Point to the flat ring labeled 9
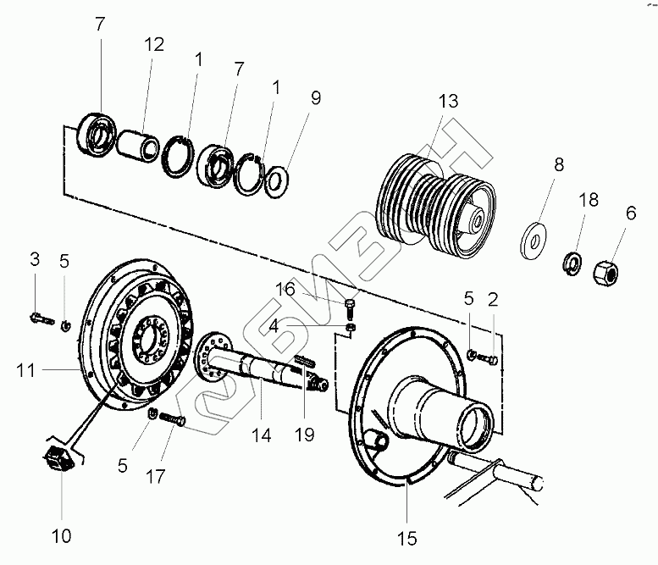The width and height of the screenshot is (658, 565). tap(277, 182)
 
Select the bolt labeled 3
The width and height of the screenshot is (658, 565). tap(39, 318)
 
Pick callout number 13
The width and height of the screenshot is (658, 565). tap(448, 102)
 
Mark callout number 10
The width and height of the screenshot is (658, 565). tap(63, 535)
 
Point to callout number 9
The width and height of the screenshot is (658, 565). tap(315, 97)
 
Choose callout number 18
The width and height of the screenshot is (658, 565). tap(589, 200)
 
